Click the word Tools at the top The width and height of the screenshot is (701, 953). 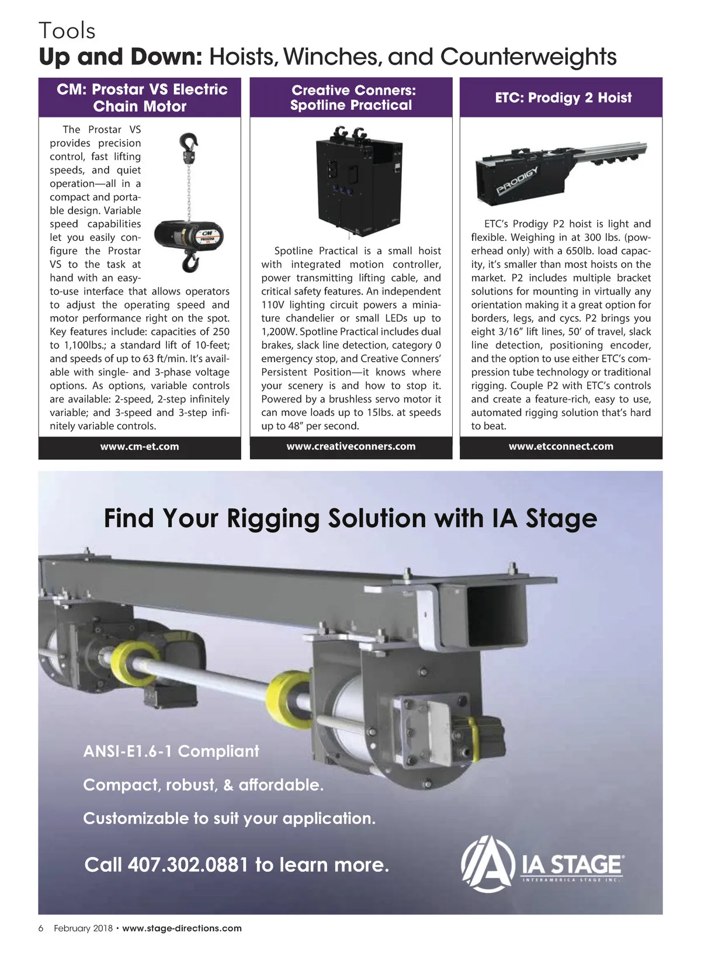(x=67, y=30)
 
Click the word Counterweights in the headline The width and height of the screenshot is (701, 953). (x=528, y=57)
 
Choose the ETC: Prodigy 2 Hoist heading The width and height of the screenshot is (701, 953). (x=563, y=98)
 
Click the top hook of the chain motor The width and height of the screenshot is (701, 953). (x=189, y=142)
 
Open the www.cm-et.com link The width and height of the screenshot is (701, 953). (x=140, y=446)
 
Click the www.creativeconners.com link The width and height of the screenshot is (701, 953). (x=351, y=446)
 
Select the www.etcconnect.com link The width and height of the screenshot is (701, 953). (x=561, y=446)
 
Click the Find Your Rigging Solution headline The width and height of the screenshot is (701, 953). (x=350, y=518)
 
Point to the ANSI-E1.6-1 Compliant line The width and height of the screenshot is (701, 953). (x=171, y=751)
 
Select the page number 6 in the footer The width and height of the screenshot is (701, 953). (x=41, y=928)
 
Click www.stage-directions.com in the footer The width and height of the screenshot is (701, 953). (x=182, y=928)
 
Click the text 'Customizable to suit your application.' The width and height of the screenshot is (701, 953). (x=229, y=818)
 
